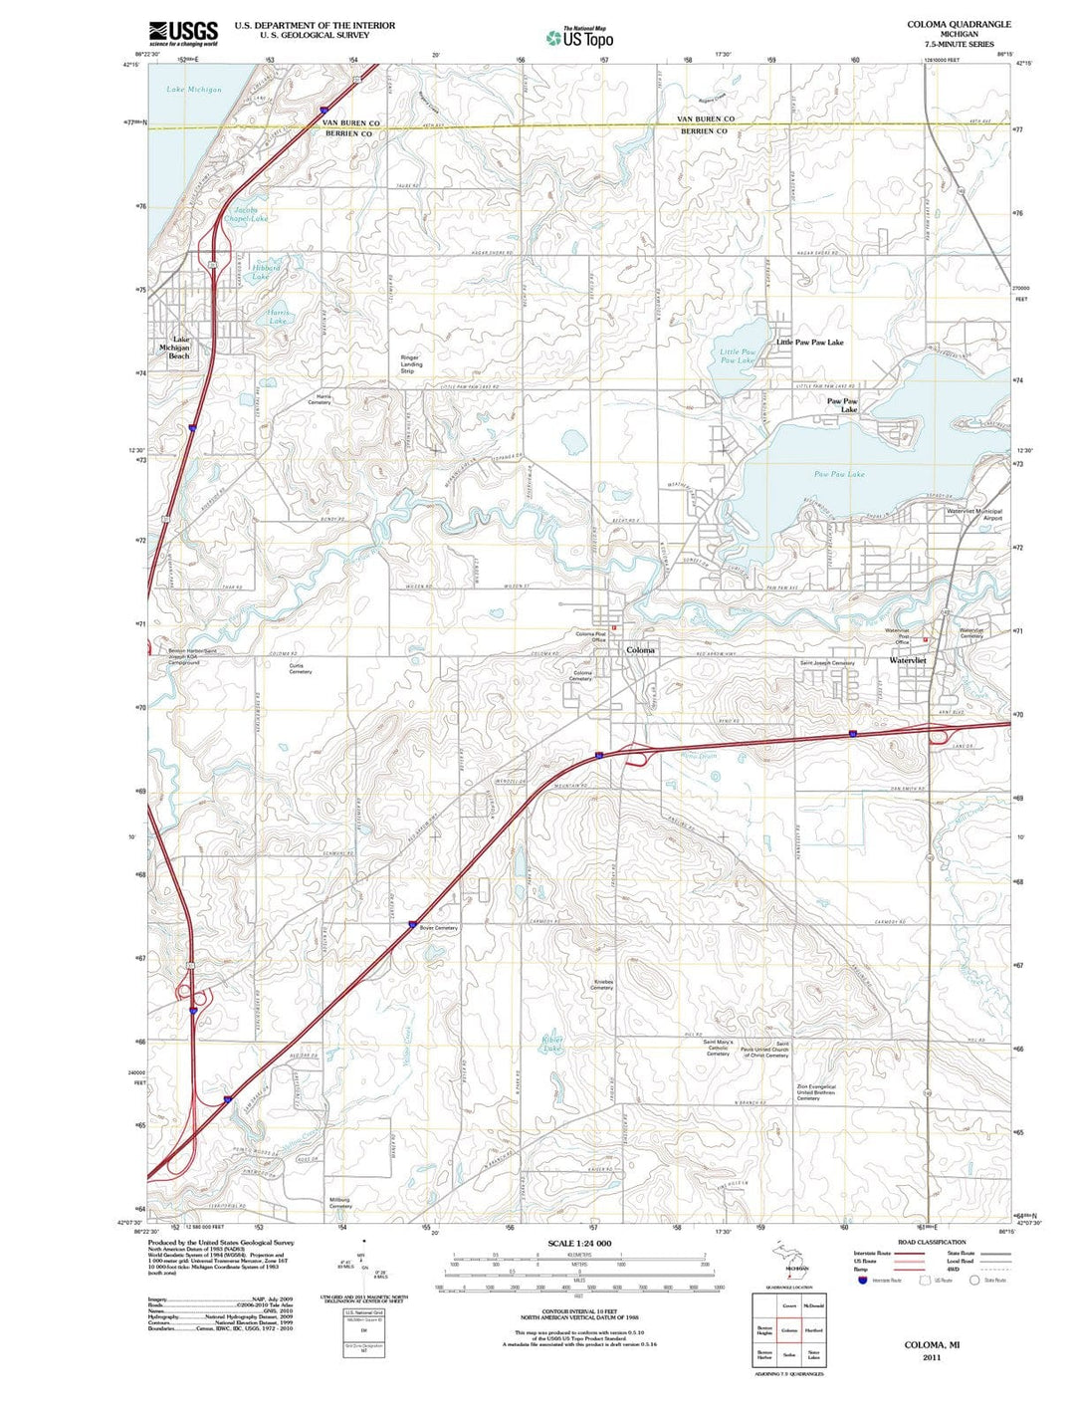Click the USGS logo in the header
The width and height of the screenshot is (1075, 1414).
183,34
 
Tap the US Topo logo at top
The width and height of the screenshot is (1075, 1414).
579,38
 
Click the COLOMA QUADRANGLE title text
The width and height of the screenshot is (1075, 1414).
959,24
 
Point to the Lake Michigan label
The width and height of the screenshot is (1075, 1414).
194,90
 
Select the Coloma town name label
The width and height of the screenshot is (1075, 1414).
641,650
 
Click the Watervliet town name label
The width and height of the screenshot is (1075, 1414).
908,660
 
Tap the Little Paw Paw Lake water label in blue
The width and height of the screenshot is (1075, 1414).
738,355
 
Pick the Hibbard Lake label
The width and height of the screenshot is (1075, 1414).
266,272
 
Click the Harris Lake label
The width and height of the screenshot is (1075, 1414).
278,317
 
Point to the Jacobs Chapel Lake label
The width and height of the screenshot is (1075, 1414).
245,214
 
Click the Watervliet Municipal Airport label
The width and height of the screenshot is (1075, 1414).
974,515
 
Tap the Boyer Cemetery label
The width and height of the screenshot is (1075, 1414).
439,928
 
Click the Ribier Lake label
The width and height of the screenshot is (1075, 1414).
552,1044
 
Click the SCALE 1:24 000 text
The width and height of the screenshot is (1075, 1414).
579,1244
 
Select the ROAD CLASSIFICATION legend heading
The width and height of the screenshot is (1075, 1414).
931,1242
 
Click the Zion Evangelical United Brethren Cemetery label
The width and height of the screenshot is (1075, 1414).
815,1092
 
